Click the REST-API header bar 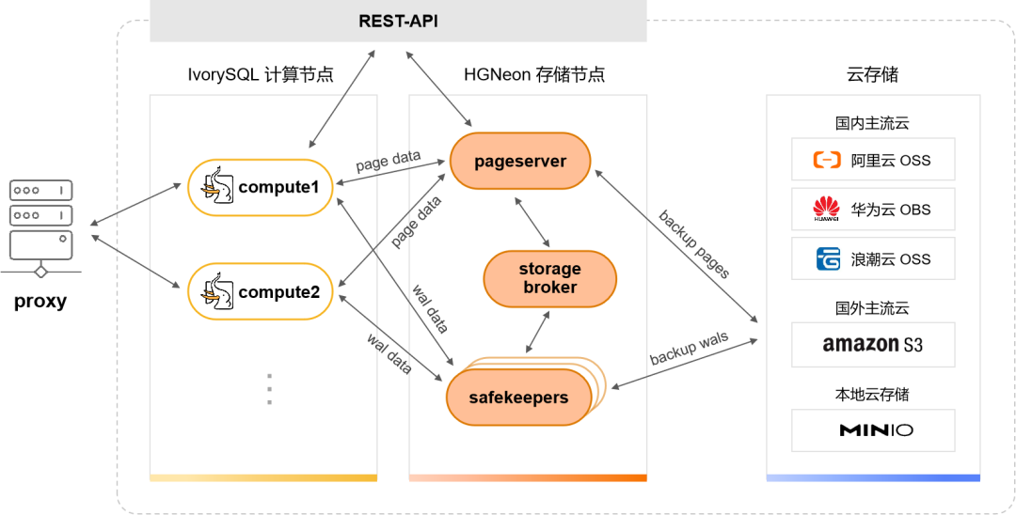pyautogui.click(x=398, y=21)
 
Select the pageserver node pyautogui.click(x=520, y=162)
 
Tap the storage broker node pyautogui.click(x=549, y=279)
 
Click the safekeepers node pyautogui.click(x=518, y=398)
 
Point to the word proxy pyautogui.click(x=40, y=302)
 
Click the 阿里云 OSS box pyautogui.click(x=872, y=160)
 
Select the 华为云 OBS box pyautogui.click(x=872, y=210)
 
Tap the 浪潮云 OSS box pyautogui.click(x=872, y=259)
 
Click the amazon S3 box pyautogui.click(x=872, y=345)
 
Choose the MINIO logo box pyautogui.click(x=872, y=430)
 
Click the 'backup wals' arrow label pyautogui.click(x=689, y=349)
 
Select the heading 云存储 pyautogui.click(x=872, y=75)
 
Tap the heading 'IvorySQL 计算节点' pyautogui.click(x=261, y=75)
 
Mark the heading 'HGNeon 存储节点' pyautogui.click(x=534, y=75)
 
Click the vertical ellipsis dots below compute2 pyautogui.click(x=269, y=389)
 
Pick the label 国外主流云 pyautogui.click(x=872, y=307)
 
